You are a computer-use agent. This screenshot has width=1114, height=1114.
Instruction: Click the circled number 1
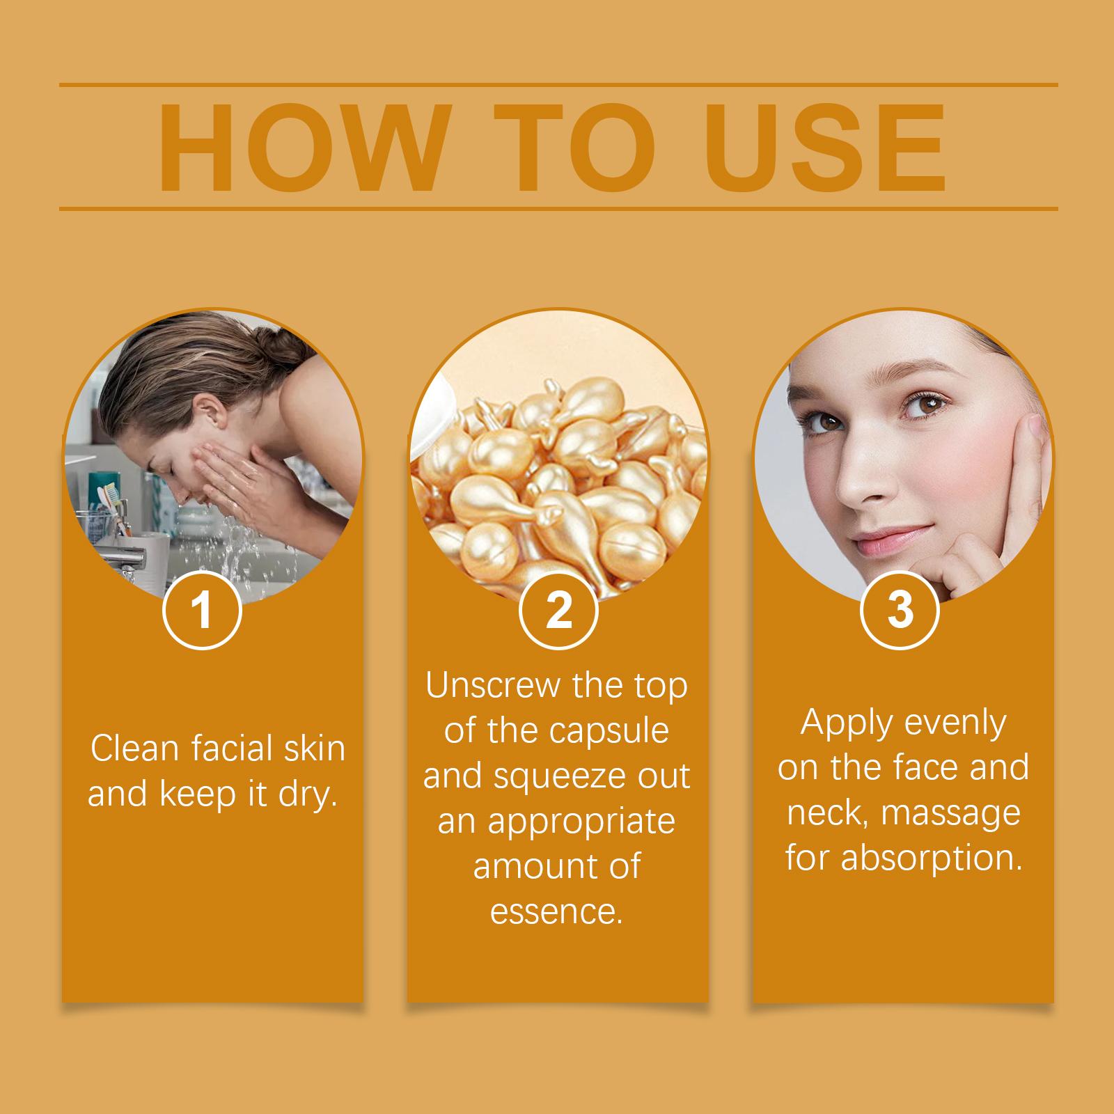point(202,610)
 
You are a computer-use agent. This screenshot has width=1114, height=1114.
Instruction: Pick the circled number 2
point(558,610)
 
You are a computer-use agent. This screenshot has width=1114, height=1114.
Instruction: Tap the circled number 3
point(900,610)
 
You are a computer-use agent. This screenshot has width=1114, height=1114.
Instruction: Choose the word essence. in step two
point(556,912)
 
